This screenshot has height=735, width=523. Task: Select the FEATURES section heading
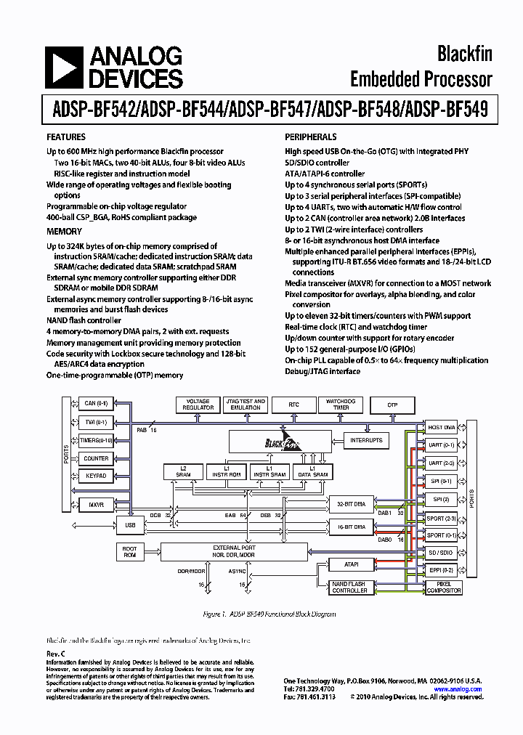[66, 137]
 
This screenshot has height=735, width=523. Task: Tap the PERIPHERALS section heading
[310, 137]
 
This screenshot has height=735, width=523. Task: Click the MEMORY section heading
[64, 231]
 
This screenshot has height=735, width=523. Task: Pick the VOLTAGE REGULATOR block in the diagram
[198, 405]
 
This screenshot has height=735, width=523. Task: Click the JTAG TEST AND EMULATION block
[246, 405]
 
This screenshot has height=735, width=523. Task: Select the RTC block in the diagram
[293, 405]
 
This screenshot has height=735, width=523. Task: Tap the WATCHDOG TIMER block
[340, 405]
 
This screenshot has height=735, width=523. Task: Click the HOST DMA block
[441, 427]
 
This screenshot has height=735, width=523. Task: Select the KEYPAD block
[96, 476]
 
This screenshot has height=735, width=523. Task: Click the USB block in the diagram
[130, 524]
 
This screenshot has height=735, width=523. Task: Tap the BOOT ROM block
[130, 552]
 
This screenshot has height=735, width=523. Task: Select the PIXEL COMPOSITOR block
[443, 588]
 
